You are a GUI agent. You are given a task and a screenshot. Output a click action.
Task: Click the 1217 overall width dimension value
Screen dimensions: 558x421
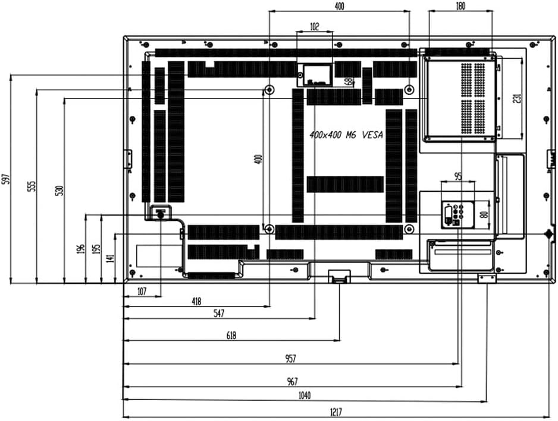click(x=336, y=411)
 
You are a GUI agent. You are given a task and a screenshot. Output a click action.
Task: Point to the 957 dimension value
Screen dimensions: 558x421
click(x=290, y=358)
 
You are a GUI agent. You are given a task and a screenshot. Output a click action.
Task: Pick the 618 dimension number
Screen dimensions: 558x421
click(x=231, y=335)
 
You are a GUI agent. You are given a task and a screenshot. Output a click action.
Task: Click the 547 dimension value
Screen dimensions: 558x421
click(x=218, y=313)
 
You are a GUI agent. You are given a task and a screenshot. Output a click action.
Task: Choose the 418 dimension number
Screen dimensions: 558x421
click(x=196, y=301)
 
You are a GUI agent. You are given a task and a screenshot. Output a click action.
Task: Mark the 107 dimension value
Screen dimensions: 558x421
click(x=142, y=291)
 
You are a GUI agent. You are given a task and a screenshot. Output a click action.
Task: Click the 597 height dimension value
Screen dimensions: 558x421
click(x=6, y=179)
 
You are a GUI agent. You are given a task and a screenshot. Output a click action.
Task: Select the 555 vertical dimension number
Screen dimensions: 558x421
click(x=32, y=186)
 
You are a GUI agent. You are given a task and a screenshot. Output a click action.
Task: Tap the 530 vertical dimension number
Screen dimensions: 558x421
click(x=59, y=191)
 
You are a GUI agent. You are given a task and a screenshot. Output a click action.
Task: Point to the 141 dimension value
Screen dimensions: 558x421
click(x=109, y=258)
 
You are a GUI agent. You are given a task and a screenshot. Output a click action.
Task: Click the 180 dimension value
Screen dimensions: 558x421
click(x=460, y=5)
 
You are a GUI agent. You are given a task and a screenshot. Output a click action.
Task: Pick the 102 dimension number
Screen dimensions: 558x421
click(x=314, y=26)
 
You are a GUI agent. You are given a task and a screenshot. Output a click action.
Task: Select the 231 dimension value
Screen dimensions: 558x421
click(x=518, y=97)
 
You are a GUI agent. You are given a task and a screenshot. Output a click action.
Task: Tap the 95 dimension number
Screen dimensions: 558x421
click(x=458, y=176)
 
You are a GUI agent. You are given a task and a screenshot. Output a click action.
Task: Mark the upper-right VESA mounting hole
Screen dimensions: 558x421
click(x=409, y=89)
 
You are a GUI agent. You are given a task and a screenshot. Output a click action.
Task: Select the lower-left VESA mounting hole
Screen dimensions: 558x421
click(x=269, y=229)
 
